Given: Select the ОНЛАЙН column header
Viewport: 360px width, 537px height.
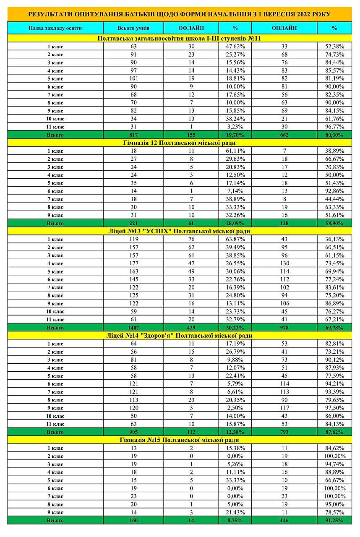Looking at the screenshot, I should [284, 28].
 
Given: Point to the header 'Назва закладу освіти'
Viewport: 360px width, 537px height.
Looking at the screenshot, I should [55, 28].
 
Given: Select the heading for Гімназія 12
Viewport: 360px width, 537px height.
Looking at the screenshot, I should [180, 143].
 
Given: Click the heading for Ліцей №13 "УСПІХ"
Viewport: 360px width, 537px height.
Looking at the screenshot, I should [180, 231].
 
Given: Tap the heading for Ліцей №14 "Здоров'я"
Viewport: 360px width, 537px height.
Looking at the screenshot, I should [180, 336].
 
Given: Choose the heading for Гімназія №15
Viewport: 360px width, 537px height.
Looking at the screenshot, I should [180, 440].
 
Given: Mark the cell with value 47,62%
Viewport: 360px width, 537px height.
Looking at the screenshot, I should [235, 47].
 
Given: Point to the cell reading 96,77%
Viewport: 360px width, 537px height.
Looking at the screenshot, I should [334, 127].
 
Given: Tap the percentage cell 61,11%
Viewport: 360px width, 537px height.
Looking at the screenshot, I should [235, 151].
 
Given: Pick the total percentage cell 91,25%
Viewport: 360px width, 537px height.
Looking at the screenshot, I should [334, 520].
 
